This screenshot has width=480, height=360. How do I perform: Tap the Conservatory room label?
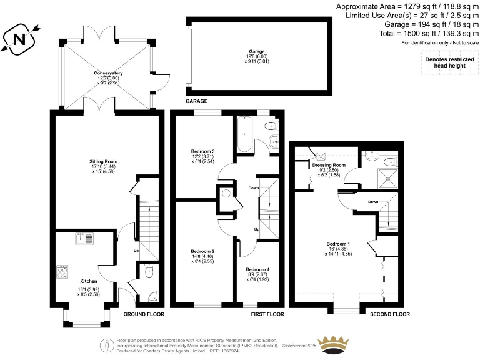pos(108,74)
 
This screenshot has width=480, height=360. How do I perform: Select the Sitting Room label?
pos(104,161)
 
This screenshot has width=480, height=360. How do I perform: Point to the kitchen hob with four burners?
pos(63,271)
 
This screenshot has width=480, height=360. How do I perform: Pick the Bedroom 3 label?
pos(203,151)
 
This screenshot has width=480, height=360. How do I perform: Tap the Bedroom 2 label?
pos(203,251)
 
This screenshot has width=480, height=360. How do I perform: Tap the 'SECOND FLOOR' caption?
pos(390,314)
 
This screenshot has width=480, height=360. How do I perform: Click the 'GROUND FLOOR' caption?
pos(144,314)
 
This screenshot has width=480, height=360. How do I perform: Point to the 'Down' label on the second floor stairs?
pos(372,202)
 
